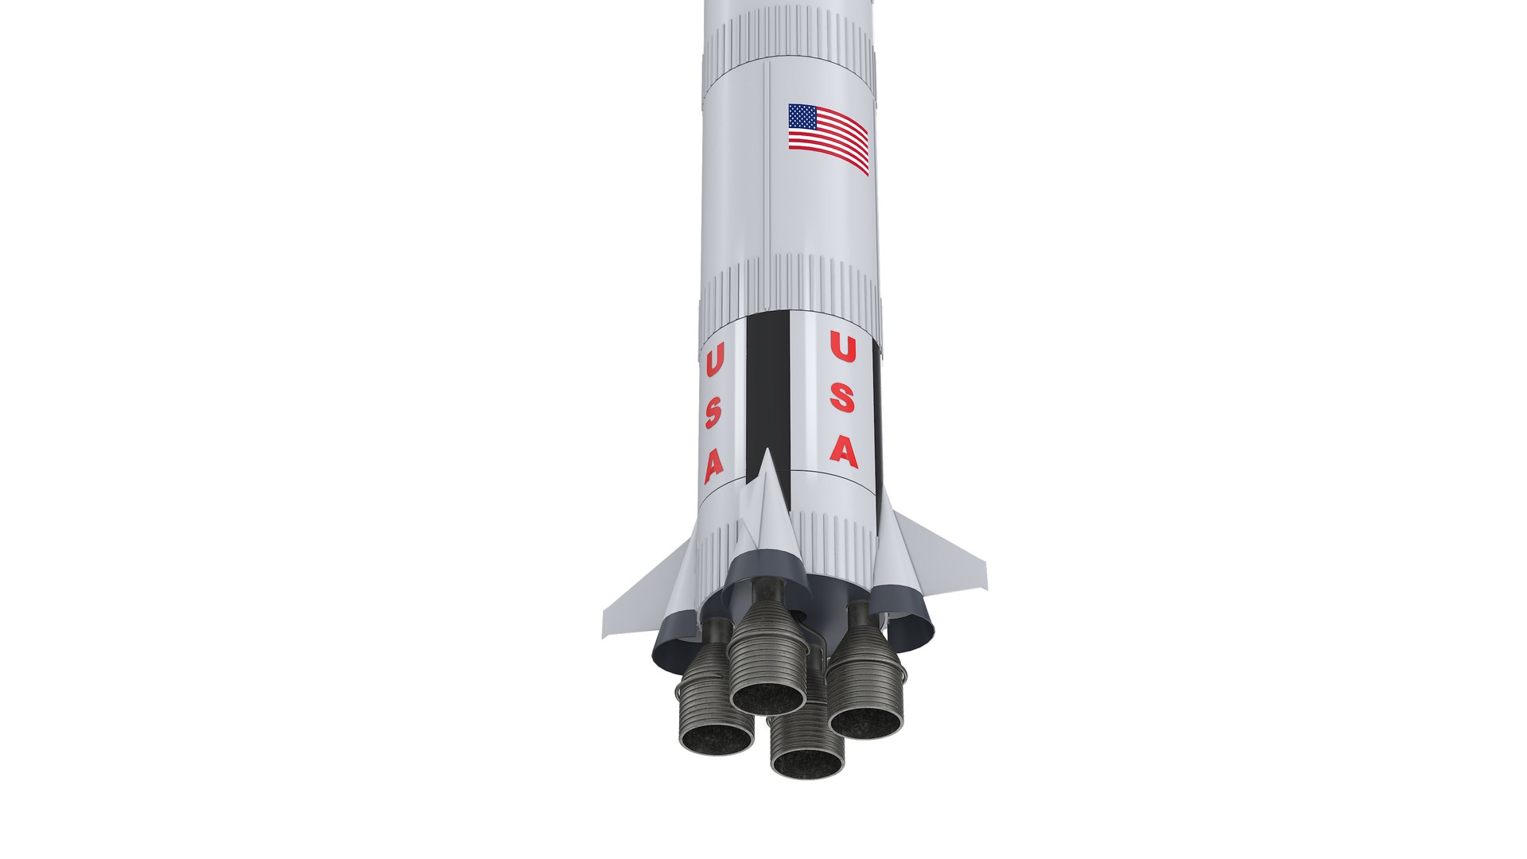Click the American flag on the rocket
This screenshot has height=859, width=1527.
pos(828,138)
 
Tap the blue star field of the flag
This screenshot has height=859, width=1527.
pos(802,118)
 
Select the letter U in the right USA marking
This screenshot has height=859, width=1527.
pos(842,348)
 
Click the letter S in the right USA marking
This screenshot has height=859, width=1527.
pos(842,398)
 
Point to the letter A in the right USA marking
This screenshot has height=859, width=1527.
pos(844,451)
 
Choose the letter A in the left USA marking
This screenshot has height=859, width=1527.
pos(713,466)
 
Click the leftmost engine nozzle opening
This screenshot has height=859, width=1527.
pos(716,738)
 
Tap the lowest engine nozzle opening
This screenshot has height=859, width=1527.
pos(807,763)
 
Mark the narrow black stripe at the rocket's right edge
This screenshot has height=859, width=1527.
pos(878,414)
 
